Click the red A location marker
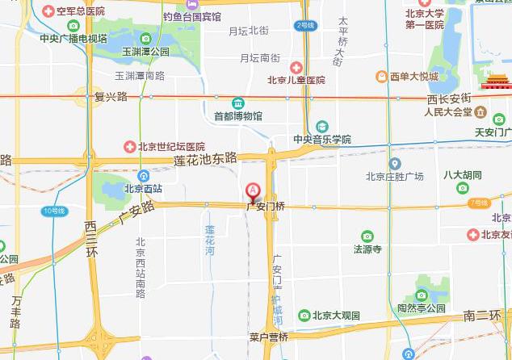[253, 191]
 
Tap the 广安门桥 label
[266, 207]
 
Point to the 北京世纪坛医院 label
[170, 147]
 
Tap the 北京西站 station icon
[143, 176]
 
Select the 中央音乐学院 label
[322, 140]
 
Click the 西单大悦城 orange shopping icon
[382, 77]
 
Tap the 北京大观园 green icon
[304, 315]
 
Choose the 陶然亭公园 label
[421, 308]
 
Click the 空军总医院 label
[79, 11]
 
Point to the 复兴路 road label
[111, 96]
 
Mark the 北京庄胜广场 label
[394, 176]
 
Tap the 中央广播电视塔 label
[73, 38]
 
